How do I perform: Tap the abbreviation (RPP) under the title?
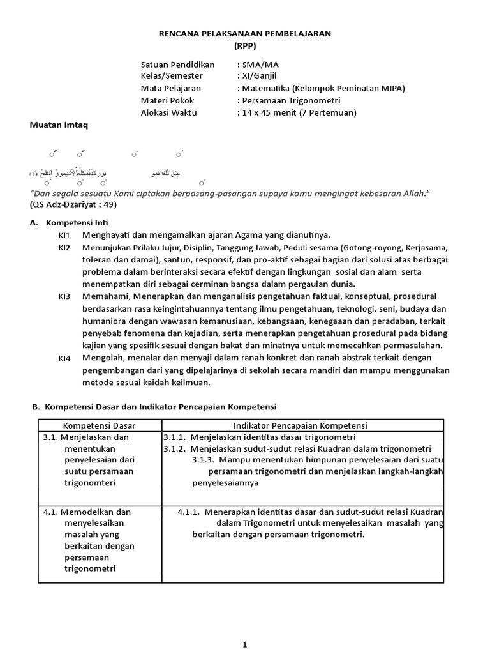pos(245,47)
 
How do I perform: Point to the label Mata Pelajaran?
pos(170,88)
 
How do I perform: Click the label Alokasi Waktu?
pos(169,112)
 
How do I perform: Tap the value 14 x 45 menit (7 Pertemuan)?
pos(296,112)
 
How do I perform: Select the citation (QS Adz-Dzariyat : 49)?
pos(73,204)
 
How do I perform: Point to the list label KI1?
pos(64,235)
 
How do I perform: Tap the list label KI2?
pos(64,247)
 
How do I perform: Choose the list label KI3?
pos(64,296)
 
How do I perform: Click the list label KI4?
pos(64,358)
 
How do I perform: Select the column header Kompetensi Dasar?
pos(99,425)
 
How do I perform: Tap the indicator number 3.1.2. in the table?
pos(175,448)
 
